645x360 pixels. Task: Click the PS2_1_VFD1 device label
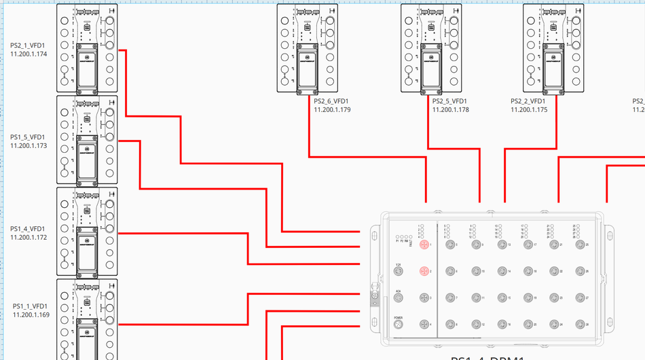(x=29, y=46)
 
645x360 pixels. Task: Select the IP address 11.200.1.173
(x=29, y=145)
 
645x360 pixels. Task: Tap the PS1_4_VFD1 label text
(x=29, y=229)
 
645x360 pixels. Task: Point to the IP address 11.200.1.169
(x=31, y=314)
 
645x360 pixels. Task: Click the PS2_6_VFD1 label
(x=332, y=101)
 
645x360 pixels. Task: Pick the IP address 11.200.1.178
(x=450, y=109)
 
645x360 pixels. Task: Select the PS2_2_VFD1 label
(x=529, y=101)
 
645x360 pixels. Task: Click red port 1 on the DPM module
(x=424, y=245)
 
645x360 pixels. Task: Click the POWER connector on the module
(x=399, y=325)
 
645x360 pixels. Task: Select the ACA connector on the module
(x=399, y=298)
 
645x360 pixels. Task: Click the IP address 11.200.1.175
(x=529, y=109)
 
